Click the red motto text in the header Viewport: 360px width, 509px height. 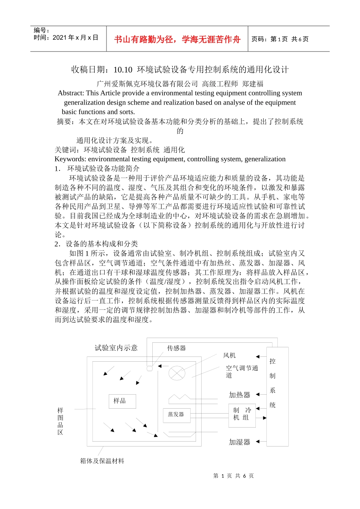coord(177,39)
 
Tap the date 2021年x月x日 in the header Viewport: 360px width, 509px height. coord(75,37)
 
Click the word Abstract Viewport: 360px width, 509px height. coord(70,93)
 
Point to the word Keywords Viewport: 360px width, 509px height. coord(70,159)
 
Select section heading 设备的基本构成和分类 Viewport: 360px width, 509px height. coord(102,244)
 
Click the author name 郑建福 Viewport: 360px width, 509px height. coord(253,84)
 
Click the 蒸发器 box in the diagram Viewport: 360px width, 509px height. coord(176,415)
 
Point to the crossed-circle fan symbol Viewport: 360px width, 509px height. coord(177,373)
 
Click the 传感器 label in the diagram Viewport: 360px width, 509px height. coord(177,348)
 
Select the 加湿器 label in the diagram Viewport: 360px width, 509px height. coord(239,442)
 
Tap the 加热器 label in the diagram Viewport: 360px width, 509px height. coord(239,395)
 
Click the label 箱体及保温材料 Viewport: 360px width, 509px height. coord(102,461)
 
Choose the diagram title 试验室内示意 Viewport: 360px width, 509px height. coord(116,348)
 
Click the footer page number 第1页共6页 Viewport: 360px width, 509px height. coord(233,476)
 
